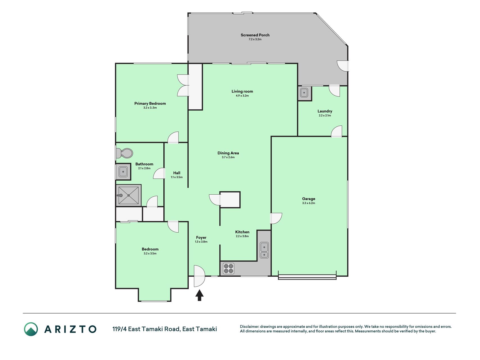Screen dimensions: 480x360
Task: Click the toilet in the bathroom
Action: click(x=124, y=153)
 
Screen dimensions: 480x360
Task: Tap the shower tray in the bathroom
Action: click(x=129, y=195)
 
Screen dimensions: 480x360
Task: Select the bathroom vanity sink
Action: click(x=123, y=172)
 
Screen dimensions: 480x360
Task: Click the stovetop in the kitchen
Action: click(x=228, y=268)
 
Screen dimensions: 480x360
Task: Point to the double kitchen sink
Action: click(x=264, y=250)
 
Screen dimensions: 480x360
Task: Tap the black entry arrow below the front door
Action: click(x=199, y=295)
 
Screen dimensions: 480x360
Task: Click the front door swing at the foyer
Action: click(x=199, y=276)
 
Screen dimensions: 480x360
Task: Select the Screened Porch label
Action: click(x=255, y=35)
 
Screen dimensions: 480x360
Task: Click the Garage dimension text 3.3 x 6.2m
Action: click(x=308, y=203)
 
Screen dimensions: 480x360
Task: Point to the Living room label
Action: click(x=242, y=91)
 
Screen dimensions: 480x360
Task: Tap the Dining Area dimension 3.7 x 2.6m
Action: click(x=228, y=157)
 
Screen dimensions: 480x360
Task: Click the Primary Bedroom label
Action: click(x=150, y=103)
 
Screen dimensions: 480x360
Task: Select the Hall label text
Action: click(x=177, y=173)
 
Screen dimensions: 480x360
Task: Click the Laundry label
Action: click(x=325, y=111)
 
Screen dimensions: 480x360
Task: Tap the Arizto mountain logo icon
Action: click(x=31, y=329)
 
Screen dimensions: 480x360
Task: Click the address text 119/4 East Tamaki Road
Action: click(x=146, y=329)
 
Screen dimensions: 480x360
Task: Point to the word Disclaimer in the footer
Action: click(x=249, y=327)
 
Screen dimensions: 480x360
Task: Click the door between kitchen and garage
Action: click(x=276, y=219)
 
